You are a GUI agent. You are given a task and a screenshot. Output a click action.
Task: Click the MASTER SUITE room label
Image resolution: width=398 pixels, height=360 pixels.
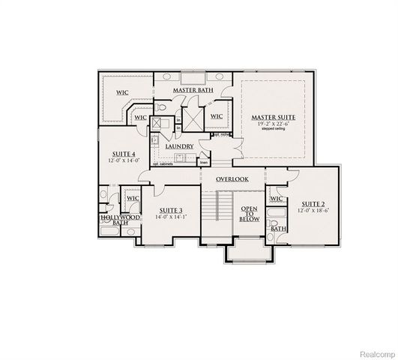[272, 118]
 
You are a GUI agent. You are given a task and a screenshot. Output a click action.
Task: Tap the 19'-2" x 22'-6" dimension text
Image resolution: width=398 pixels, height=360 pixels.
[272, 124]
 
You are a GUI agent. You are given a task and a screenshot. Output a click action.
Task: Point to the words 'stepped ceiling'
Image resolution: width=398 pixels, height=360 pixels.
[272, 130]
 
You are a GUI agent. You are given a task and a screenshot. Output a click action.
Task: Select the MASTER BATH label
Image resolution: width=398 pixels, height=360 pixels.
[193, 90]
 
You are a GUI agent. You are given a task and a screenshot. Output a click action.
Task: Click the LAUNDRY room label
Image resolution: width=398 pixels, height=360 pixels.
[181, 146]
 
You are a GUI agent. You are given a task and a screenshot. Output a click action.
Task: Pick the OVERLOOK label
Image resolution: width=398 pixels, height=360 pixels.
[232, 179]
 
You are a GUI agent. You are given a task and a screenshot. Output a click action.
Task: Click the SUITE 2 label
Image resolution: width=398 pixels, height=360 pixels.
[313, 203]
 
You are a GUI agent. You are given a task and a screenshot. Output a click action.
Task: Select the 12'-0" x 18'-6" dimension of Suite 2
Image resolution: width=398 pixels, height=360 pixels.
[313, 211]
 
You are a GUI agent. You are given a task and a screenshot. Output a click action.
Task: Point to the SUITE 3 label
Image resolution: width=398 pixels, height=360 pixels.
[172, 210]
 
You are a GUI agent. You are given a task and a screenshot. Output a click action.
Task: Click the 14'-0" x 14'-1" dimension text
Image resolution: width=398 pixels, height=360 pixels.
[172, 217]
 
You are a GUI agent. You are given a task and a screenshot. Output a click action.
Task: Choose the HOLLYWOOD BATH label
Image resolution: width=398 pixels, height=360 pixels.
[120, 219]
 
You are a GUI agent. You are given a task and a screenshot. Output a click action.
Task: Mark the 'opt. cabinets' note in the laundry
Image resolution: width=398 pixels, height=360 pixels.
[163, 163]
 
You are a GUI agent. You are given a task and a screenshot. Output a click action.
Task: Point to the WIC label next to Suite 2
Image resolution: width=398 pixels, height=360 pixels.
[275, 199]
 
